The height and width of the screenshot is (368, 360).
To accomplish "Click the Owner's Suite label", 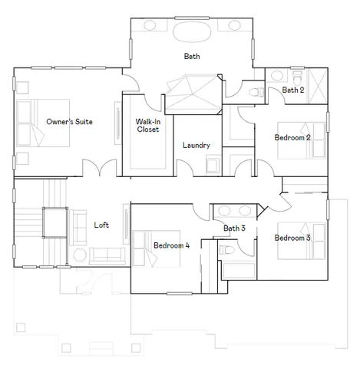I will (x=69, y=121).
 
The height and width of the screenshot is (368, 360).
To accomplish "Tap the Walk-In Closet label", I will (x=147, y=125).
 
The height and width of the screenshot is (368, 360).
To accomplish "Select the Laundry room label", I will (x=196, y=146).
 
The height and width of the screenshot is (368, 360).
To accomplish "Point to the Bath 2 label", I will (x=292, y=90).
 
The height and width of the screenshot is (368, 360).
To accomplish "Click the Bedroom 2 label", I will (x=292, y=138).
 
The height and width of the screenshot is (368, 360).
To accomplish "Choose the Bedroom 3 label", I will (x=292, y=237).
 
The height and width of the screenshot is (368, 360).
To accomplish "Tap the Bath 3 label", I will (x=234, y=228).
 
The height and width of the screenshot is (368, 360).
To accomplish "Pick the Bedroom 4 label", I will (x=171, y=245).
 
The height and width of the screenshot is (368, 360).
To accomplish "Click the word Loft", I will (x=101, y=225).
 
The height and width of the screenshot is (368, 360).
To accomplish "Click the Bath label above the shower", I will (x=192, y=56).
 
